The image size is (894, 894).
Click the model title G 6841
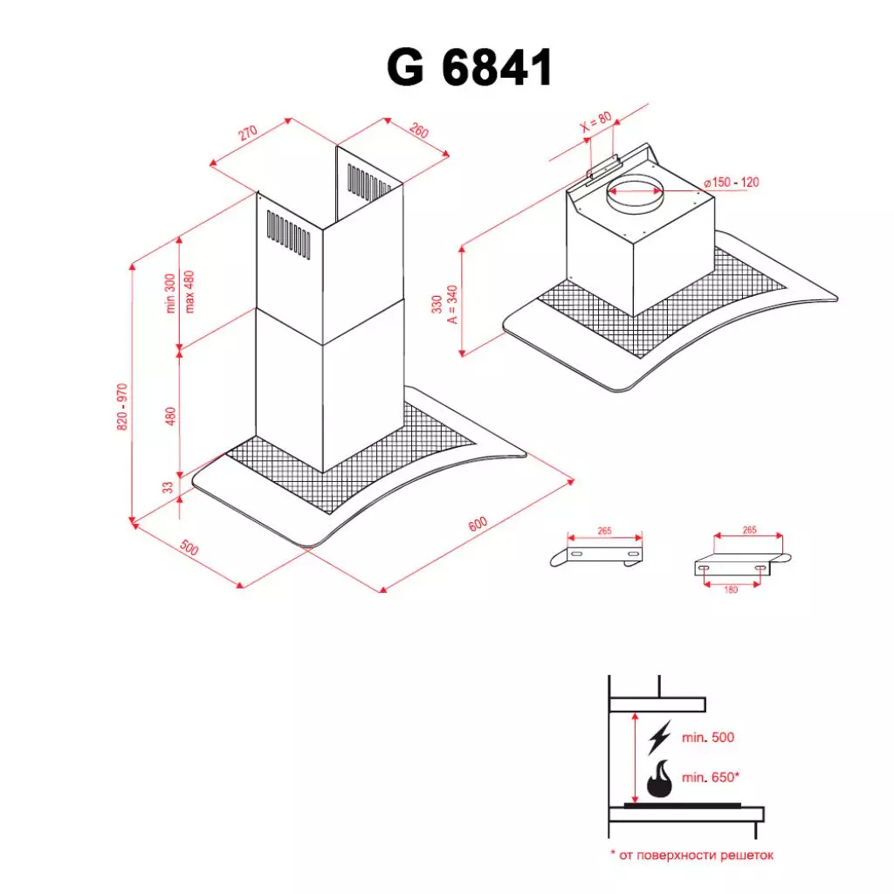[470, 69]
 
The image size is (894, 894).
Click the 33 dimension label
[168, 487]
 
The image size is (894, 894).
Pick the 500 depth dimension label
[189, 549]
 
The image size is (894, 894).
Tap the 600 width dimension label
[477, 525]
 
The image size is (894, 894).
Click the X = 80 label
[596, 123]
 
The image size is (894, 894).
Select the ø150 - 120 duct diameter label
[732, 182]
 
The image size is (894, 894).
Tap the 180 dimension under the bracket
[731, 589]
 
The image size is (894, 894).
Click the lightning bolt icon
[659, 739]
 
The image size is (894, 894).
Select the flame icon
[661, 779]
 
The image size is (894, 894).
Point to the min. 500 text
[708, 738]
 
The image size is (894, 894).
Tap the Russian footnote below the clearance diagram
[691, 856]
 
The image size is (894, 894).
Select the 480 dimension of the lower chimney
[171, 416]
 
